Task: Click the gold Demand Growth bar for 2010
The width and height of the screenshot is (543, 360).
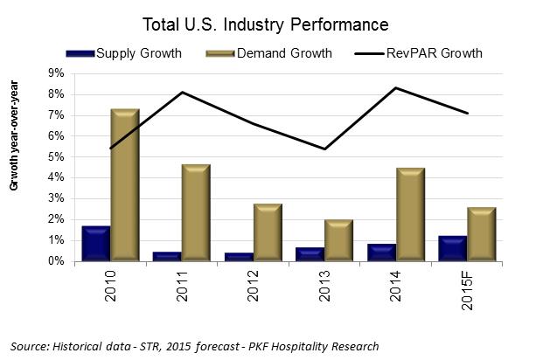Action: (125, 185)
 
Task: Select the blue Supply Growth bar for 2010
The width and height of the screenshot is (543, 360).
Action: (95, 244)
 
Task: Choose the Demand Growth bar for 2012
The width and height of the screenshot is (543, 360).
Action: (267, 232)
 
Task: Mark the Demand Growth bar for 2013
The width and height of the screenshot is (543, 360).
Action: (338, 240)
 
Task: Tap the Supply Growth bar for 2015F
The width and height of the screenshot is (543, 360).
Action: (451, 248)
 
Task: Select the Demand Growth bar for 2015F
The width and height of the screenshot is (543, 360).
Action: (481, 234)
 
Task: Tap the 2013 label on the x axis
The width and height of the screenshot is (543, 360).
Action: (325, 287)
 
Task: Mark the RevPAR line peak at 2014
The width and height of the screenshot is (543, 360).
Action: (396, 87)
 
